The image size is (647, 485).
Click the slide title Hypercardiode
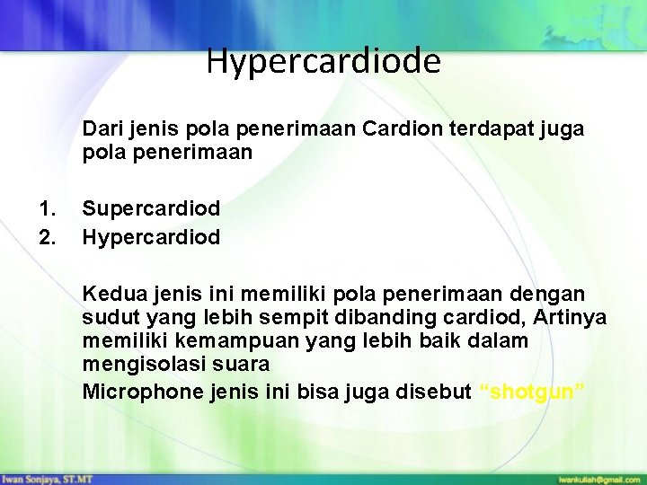[x=323, y=61]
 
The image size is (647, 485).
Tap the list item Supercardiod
[x=151, y=207]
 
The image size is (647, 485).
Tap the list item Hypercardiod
[x=151, y=236]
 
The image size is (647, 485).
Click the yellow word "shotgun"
[x=534, y=392]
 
